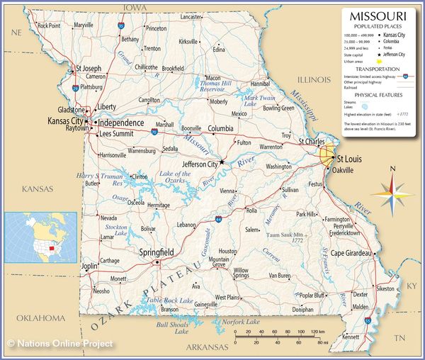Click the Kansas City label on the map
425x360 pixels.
pyautogui.click(x=65, y=121)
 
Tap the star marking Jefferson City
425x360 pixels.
pyautogui.click(x=221, y=162)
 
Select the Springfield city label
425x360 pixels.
pyautogui.click(x=157, y=252)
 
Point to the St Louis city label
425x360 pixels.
pyautogui.click(x=348, y=159)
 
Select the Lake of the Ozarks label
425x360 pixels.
pyautogui.click(x=176, y=178)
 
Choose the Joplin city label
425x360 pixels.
pyautogui.click(x=90, y=266)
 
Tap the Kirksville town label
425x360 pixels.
pyautogui.click(x=188, y=42)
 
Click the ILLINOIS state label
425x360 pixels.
pyautogui.click(x=308, y=79)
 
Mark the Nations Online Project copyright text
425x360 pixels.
pyautogui.click(x=60, y=344)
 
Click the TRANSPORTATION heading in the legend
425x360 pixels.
pyautogui.click(x=378, y=69)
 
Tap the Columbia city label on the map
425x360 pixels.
pyautogui.click(x=221, y=128)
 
